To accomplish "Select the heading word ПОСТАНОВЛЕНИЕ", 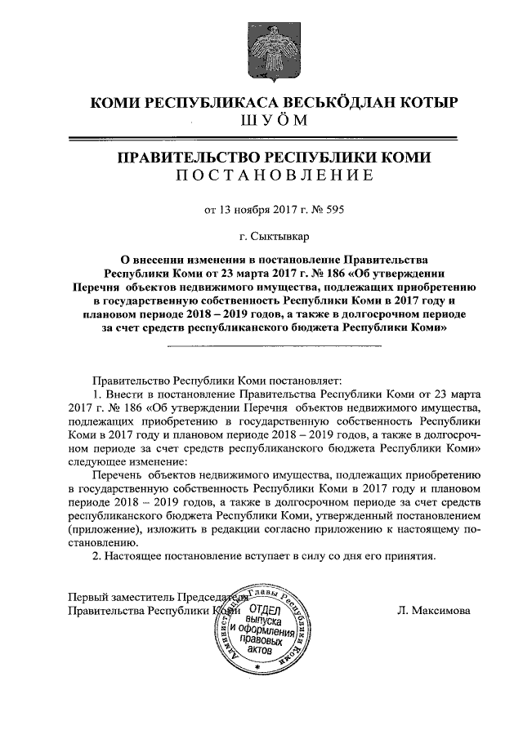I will tap(274, 176).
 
